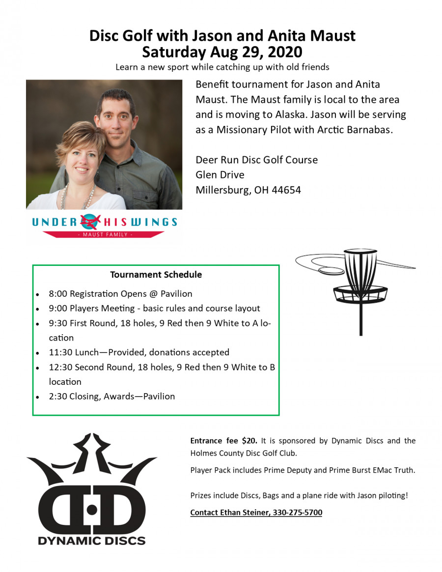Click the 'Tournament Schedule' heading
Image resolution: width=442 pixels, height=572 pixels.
coord(156,275)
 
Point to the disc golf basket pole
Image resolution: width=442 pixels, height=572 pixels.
coord(361,319)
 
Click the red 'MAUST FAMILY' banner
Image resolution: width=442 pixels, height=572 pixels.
coord(104,235)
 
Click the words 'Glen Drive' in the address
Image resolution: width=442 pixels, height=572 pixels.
coord(220,175)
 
